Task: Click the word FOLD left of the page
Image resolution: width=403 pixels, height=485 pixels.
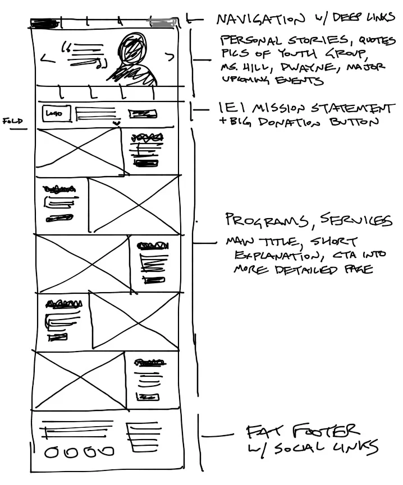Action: (x=12, y=120)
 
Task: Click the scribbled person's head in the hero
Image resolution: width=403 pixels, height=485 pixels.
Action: (x=133, y=47)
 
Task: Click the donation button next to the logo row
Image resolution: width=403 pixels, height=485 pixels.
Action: (x=142, y=114)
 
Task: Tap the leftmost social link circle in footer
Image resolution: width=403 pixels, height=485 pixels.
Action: (x=51, y=452)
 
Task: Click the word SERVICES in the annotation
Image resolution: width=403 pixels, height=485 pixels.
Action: (x=354, y=220)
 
